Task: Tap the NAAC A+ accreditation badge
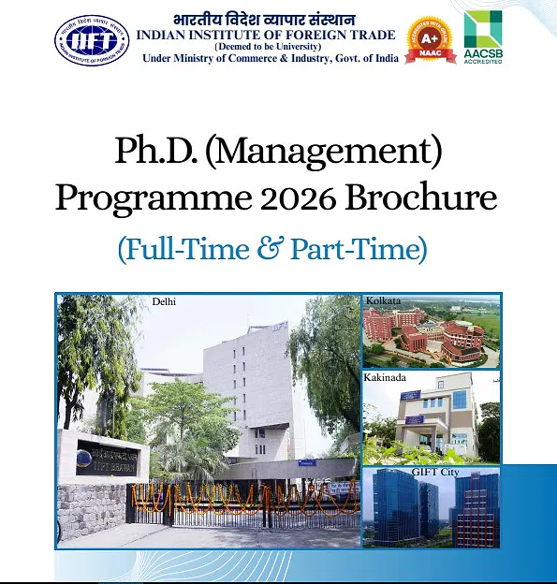[430, 39]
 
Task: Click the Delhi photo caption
[164, 301]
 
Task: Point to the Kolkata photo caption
[383, 301]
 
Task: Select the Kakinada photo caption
[387, 377]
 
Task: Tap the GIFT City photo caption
[432, 473]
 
